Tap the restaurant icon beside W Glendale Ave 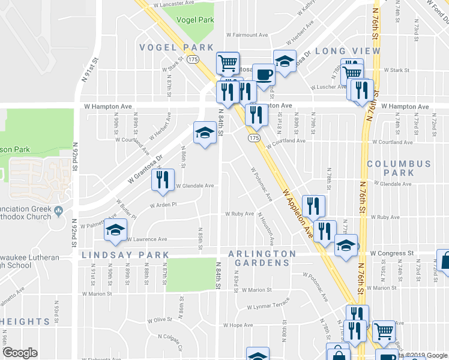point(163,180)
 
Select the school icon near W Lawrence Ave point(115,231)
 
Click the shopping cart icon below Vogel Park point(228,62)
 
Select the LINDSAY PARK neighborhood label point(125,255)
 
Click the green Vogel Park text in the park point(195,20)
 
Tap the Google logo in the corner point(20,353)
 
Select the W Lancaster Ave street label point(173,3)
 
